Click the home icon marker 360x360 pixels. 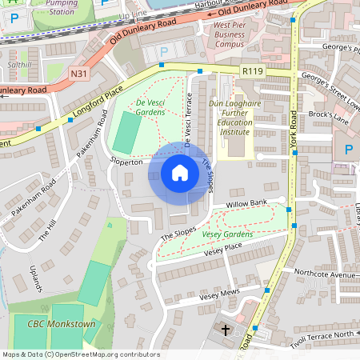coord(180,173)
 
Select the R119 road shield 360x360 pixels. coord(253,71)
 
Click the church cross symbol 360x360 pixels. coord(225,330)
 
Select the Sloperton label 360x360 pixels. coord(126,162)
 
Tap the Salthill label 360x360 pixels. coord(18,63)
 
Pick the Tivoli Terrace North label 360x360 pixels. coord(322,334)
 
